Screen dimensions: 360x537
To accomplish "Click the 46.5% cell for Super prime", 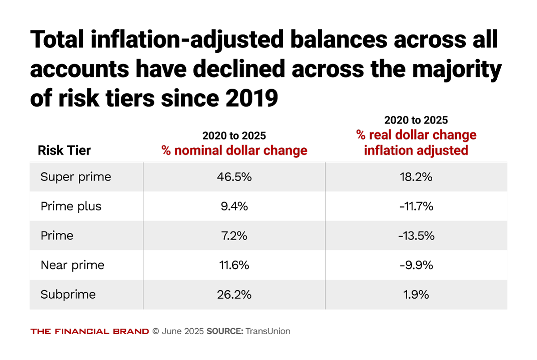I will [x=234, y=177].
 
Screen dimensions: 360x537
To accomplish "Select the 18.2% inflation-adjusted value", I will [x=416, y=177].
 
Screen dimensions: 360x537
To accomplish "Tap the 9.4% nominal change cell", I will [x=234, y=206].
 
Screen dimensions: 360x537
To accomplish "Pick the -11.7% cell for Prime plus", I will [x=416, y=206].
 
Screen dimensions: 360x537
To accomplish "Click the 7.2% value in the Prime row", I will [x=234, y=236].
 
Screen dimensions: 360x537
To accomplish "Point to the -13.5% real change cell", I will [x=416, y=236].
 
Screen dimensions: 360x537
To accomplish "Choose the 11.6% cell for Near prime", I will [x=234, y=265].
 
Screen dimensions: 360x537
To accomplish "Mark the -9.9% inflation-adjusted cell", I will [x=416, y=265].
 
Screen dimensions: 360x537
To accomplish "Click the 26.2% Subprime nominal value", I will [x=234, y=295].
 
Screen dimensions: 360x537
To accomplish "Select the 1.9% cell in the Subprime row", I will [x=416, y=295].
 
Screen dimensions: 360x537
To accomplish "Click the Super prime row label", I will [x=76, y=177].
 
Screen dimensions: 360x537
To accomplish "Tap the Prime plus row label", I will [x=71, y=206].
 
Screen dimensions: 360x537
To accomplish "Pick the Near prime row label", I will [x=72, y=265].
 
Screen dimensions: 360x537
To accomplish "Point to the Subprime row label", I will [x=68, y=295].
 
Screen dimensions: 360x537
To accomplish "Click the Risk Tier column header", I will [x=64, y=150].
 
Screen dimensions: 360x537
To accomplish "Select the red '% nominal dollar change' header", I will [x=234, y=150].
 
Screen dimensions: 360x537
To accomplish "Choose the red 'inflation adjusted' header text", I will [x=416, y=150].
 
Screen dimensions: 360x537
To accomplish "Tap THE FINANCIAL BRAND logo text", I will [x=89, y=331].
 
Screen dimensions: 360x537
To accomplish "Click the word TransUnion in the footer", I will [x=268, y=331].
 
